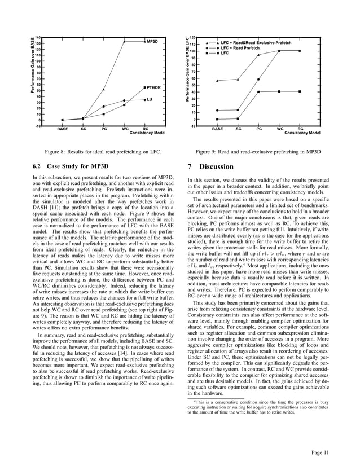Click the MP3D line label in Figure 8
152,42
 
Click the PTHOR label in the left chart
153,88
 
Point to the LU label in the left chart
150,99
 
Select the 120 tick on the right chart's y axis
191,37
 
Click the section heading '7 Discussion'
209,167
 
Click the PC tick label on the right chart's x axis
275,129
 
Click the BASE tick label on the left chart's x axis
62,129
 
